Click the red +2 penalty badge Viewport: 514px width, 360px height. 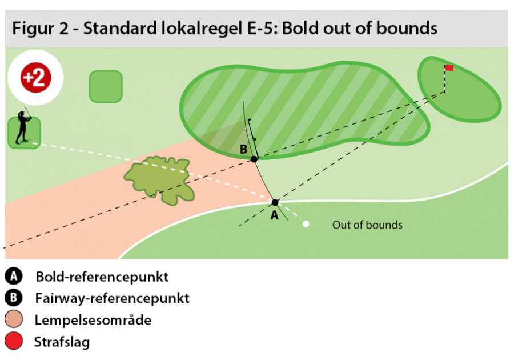point(36,78)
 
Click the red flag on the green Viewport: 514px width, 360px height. point(449,68)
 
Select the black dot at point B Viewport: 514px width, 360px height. point(254,159)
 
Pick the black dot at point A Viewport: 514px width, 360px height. point(275,202)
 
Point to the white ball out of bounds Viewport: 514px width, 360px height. point(306,224)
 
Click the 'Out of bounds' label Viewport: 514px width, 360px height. point(367,225)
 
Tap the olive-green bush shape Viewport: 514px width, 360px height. point(159,180)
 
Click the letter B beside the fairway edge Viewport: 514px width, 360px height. point(243,149)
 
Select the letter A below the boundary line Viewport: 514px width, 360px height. point(274,215)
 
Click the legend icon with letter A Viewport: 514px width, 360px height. point(14,276)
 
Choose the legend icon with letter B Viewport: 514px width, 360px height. point(14,298)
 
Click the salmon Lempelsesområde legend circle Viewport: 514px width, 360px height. point(14,319)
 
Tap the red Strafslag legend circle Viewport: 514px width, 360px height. point(14,341)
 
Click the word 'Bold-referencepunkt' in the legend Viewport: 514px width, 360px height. point(102,277)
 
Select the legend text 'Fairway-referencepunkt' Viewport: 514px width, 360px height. point(112,299)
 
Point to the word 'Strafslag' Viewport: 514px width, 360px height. point(62,342)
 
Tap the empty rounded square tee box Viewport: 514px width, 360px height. point(106,86)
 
